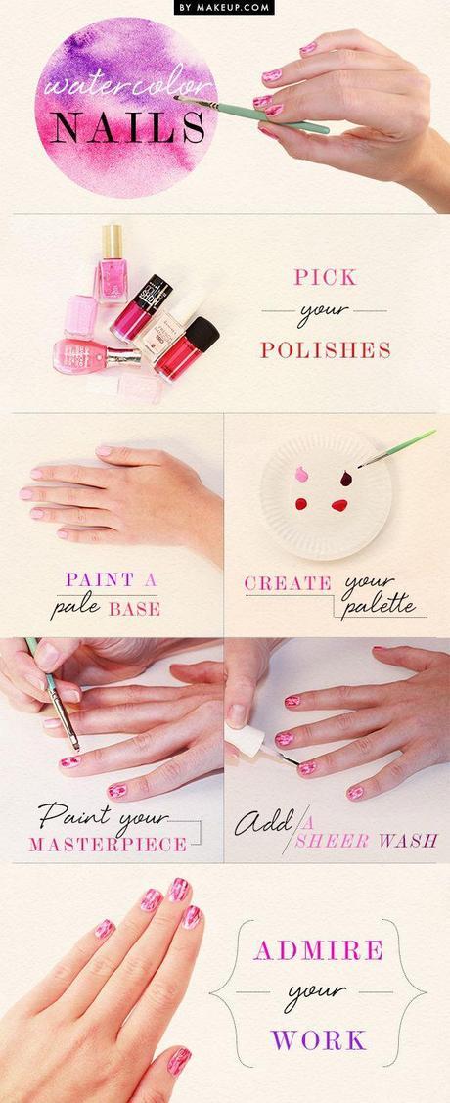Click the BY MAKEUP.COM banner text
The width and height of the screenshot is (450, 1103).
point(224,7)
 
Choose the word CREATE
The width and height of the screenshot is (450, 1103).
point(288,583)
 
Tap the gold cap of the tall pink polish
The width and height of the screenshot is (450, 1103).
point(112,238)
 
